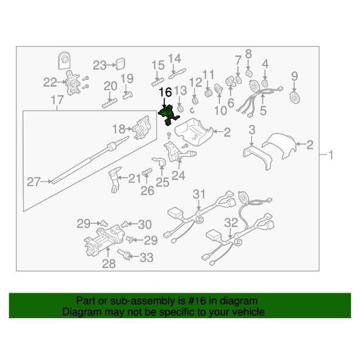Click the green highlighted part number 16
pyautogui.click(x=168, y=114)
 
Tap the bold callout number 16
pyautogui.click(x=165, y=92)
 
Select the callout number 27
pyautogui.click(x=34, y=182)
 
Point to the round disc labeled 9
pyautogui.click(x=295, y=97)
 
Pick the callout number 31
pyautogui.click(x=199, y=194)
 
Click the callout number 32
pyautogui.click(x=231, y=222)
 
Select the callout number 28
pyautogui.click(x=109, y=264)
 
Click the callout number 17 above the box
pyautogui.click(x=57, y=101)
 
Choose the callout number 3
pyautogui.click(x=252, y=130)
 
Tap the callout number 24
pyautogui.click(x=178, y=176)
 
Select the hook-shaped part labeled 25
pyautogui.click(x=159, y=161)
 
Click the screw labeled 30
pyautogui.click(x=124, y=223)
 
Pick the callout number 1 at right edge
pyautogui.click(x=331, y=155)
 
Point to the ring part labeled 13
pyautogui.click(x=180, y=109)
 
